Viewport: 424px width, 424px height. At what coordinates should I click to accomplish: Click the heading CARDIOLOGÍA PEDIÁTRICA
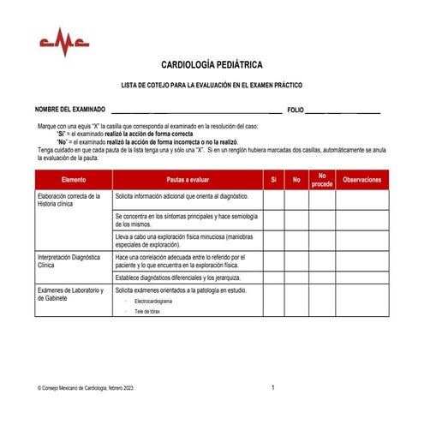point(212,65)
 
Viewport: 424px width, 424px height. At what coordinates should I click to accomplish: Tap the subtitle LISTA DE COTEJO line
point(212,86)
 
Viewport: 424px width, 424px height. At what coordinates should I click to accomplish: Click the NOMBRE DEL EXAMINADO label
point(70,110)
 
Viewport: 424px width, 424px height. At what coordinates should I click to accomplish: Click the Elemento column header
point(74,180)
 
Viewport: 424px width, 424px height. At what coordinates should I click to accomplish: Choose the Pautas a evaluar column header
point(188,180)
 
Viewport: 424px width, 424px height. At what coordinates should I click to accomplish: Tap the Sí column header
point(273,180)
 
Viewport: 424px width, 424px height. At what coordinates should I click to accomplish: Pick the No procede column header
point(322,180)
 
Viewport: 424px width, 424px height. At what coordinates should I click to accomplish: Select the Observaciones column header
point(361,180)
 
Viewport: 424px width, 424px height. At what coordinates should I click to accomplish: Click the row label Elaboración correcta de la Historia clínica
point(70,200)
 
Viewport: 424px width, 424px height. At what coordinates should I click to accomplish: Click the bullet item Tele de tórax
point(147,312)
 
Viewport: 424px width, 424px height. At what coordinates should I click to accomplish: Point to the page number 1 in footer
point(272,388)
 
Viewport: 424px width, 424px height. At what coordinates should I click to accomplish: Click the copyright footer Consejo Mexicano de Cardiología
point(86,389)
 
